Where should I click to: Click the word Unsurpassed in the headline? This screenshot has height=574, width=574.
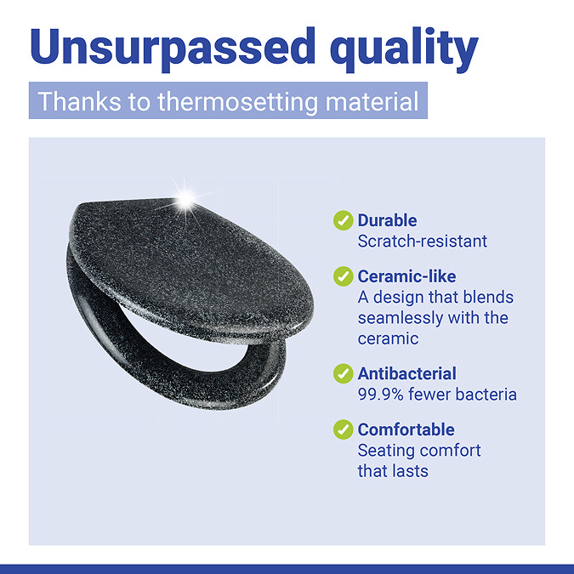[x=173, y=48]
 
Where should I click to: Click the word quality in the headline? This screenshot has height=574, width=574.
[x=404, y=49]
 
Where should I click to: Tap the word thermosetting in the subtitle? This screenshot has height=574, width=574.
[x=237, y=102]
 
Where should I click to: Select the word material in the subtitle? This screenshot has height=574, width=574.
[x=372, y=101]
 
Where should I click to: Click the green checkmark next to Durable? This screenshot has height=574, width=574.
[x=343, y=220]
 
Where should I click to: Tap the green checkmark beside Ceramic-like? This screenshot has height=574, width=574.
[x=343, y=276]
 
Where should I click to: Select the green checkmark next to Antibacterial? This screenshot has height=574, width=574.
[x=343, y=373]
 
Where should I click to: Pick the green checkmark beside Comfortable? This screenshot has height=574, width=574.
[x=343, y=429]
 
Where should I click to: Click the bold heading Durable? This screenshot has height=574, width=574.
[x=387, y=220]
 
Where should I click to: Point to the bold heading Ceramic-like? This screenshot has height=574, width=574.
[x=406, y=276]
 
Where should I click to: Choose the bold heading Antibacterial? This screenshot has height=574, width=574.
[x=407, y=373]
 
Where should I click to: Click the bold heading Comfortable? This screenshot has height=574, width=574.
[x=406, y=429]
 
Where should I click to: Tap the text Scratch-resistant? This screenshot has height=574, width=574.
[x=423, y=242]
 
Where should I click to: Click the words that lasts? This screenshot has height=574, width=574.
[x=393, y=471]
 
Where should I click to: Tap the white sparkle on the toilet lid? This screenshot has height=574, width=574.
[x=185, y=200]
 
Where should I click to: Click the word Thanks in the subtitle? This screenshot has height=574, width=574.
[x=79, y=101]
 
